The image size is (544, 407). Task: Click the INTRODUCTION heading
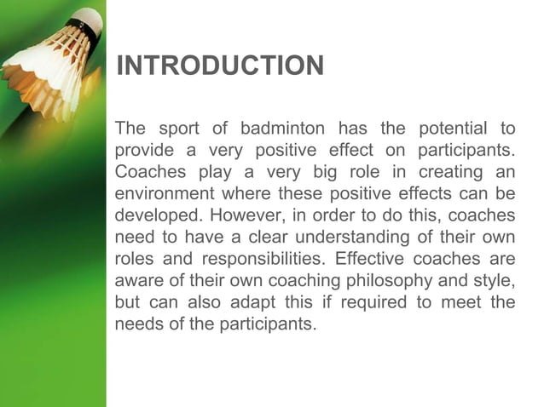220,66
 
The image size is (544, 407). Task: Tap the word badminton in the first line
282,129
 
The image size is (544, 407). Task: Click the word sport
177,129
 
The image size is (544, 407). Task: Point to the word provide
142,152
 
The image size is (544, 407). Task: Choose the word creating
449,173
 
